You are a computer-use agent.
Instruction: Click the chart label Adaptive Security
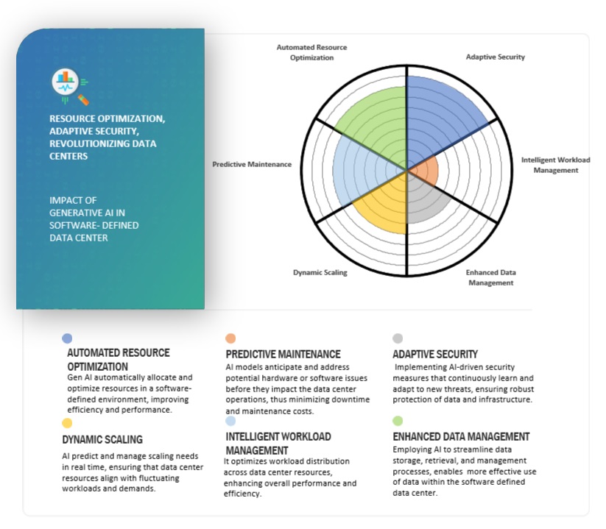tap(495, 57)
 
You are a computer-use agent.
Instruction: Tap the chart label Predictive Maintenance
tap(251, 164)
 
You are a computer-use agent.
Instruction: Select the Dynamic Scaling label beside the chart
tap(320, 272)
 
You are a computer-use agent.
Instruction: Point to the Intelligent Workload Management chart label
tap(555, 165)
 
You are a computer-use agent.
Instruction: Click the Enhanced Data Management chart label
tap(490, 277)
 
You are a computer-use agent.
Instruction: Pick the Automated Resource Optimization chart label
tap(311, 52)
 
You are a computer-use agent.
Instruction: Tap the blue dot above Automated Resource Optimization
tap(68, 338)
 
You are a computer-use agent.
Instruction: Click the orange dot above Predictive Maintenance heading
tap(230, 338)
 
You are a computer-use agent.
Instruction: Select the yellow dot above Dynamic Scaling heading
tap(68, 423)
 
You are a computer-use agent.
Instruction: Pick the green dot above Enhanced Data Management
tap(398, 422)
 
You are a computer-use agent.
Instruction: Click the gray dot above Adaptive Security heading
tap(398, 338)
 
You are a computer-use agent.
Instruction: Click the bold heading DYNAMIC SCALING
tap(102, 440)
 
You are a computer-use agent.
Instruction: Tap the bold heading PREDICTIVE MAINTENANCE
tap(283, 355)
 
